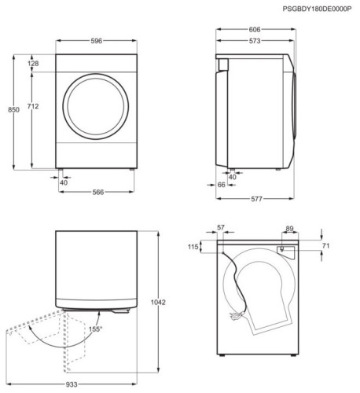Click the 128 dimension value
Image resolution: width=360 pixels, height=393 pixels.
(x=33, y=63)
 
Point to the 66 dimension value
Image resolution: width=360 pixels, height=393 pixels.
(x=222, y=185)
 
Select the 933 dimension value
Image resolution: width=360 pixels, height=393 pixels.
(x=72, y=384)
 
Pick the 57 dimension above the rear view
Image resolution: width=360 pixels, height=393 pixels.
(x=220, y=227)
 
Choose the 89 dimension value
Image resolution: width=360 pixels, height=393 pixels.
(x=290, y=228)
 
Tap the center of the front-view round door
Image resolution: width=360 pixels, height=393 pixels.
(x=94, y=106)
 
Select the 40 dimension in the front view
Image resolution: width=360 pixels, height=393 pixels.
(x=64, y=182)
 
